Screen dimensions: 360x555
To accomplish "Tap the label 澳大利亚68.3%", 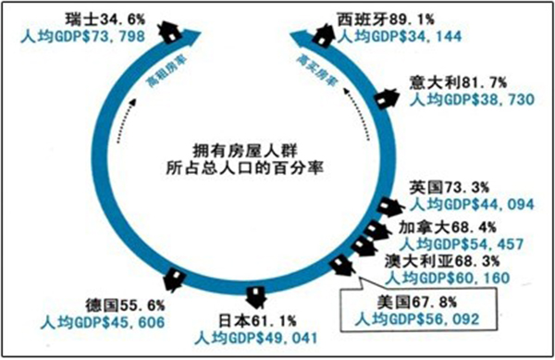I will [446, 262].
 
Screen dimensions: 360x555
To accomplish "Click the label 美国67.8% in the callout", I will [411, 303].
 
